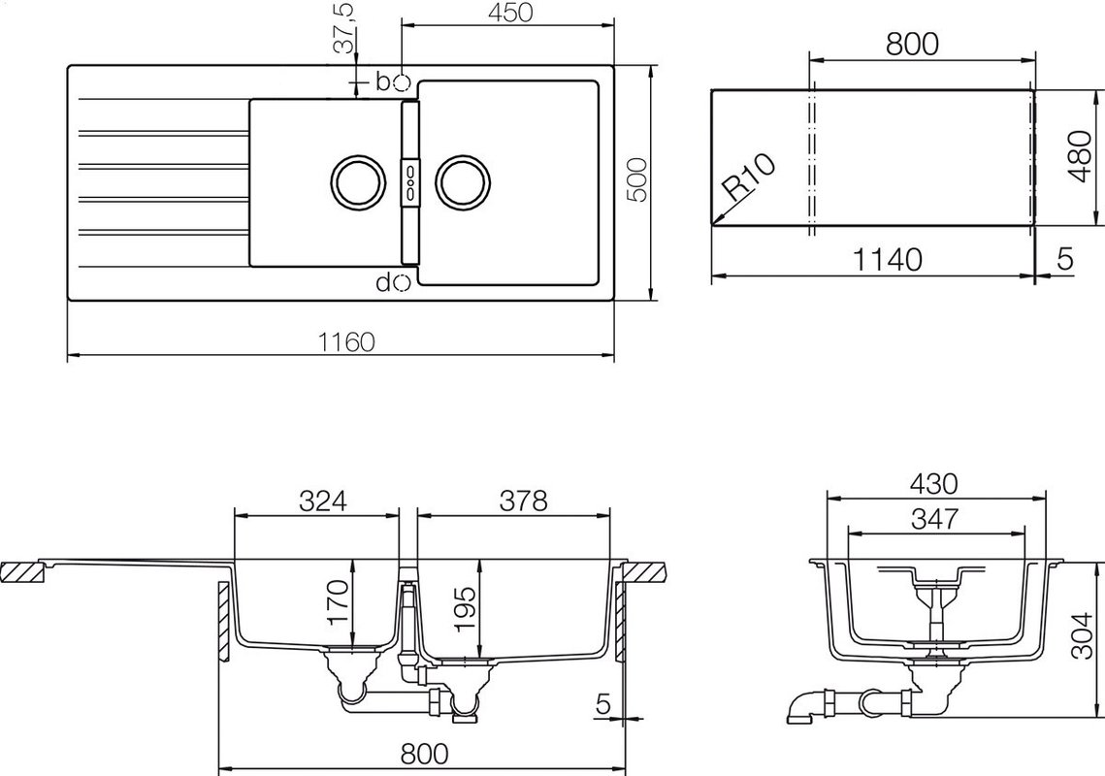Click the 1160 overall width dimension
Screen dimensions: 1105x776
pyautogui.click(x=346, y=342)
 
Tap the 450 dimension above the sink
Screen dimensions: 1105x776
pyautogui.click(x=508, y=13)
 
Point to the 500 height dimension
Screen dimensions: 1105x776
pyautogui.click(x=637, y=179)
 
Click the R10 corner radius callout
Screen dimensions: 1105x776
pyautogui.click(x=750, y=177)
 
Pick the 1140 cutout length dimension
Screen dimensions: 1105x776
pyautogui.click(x=888, y=260)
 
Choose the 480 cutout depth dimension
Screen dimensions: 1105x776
pyautogui.click(x=1079, y=156)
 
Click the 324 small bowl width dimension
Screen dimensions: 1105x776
pyautogui.click(x=323, y=501)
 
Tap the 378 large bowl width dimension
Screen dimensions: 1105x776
pyautogui.click(x=523, y=501)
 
